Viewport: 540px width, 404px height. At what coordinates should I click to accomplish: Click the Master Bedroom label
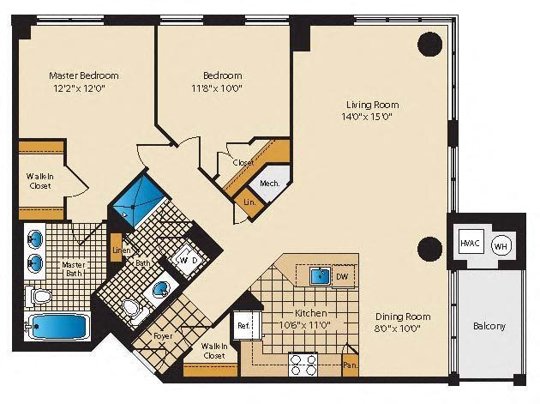[83, 75]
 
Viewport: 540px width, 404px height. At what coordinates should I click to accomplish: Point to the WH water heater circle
[501, 245]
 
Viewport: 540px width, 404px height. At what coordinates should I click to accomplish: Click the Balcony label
[489, 326]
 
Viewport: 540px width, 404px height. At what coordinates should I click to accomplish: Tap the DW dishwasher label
[342, 277]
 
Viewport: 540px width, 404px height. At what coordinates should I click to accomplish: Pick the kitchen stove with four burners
[303, 365]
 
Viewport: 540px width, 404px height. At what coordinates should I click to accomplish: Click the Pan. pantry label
[349, 365]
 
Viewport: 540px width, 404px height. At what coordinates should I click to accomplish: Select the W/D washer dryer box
[189, 259]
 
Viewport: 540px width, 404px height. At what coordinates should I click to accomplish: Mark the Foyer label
[163, 336]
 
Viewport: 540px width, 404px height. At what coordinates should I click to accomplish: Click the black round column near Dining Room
[429, 250]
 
